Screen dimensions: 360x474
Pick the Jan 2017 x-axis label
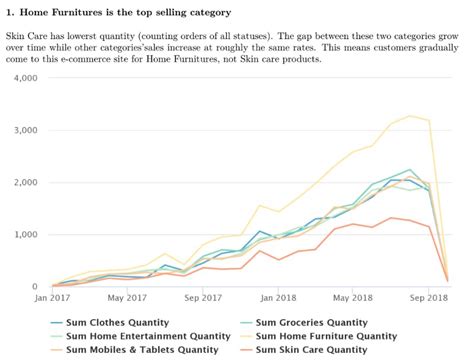coord(52,298)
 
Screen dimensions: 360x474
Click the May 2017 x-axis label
coord(128,298)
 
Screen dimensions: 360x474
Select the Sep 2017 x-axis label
coord(203,298)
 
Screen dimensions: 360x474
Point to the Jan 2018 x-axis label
coord(278,298)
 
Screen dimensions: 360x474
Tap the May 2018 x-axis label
coord(352,298)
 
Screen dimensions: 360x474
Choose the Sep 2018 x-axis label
coord(428,298)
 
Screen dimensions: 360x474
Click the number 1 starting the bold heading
coord(9,12)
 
